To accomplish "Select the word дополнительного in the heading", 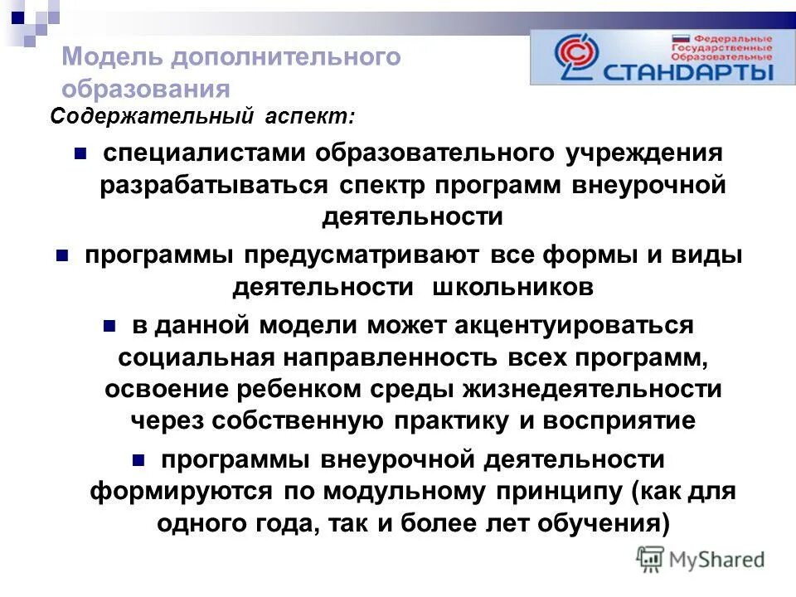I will click(286, 57).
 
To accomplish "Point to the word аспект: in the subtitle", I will click(310, 117).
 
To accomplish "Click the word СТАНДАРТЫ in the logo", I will click(689, 71).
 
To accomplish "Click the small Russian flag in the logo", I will click(681, 38).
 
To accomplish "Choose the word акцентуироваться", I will click(573, 325).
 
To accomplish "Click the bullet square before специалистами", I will click(80, 153).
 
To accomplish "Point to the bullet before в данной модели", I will click(109, 325).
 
